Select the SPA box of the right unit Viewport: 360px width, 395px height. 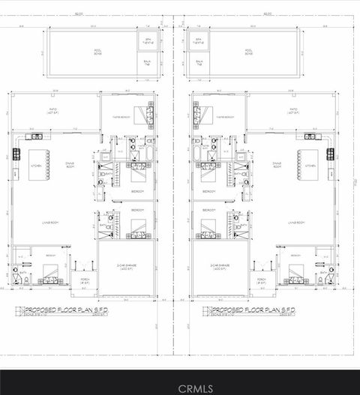coord(199,41)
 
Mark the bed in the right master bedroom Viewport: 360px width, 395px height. coord(198,115)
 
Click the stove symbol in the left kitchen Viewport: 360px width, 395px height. coord(15,155)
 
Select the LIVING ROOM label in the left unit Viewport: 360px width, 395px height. coord(51,223)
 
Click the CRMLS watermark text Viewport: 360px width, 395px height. coord(180,388)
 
